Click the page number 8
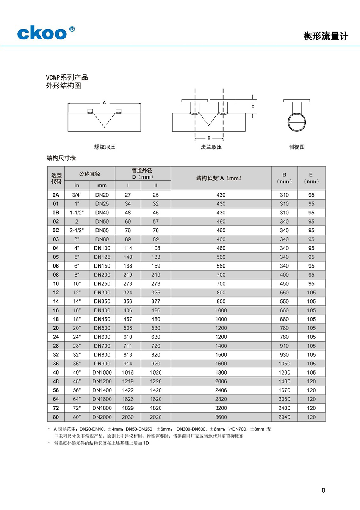click(323, 490)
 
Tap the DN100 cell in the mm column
click(102, 248)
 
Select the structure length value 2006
click(221, 381)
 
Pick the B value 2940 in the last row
click(284, 417)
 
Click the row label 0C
click(56, 230)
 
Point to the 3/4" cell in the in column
click(77, 195)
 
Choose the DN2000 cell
click(102, 417)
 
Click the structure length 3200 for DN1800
click(221, 408)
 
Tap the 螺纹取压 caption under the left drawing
click(105, 147)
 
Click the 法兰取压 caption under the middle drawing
click(211, 147)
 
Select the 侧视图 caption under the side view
click(296, 147)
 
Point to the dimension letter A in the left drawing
click(105, 102)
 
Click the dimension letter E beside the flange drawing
click(253, 106)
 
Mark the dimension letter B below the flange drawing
click(209, 139)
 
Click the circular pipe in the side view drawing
click(296, 122)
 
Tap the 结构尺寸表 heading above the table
click(61, 158)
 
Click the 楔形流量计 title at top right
click(325, 36)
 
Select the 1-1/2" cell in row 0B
click(77, 212)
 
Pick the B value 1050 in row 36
click(284, 364)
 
